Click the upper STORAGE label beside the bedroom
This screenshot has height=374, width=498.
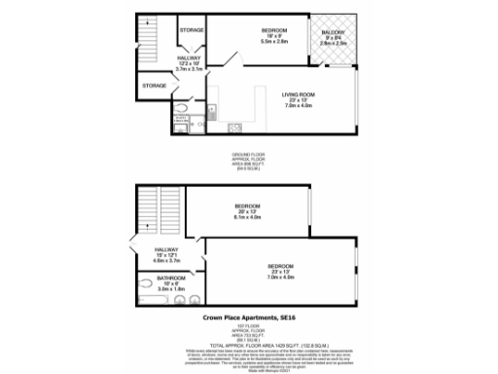click(x=192, y=30)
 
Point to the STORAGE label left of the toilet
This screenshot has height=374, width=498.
click(x=155, y=86)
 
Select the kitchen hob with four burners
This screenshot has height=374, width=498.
click(x=234, y=128)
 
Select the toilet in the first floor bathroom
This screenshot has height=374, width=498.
click(x=192, y=298)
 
